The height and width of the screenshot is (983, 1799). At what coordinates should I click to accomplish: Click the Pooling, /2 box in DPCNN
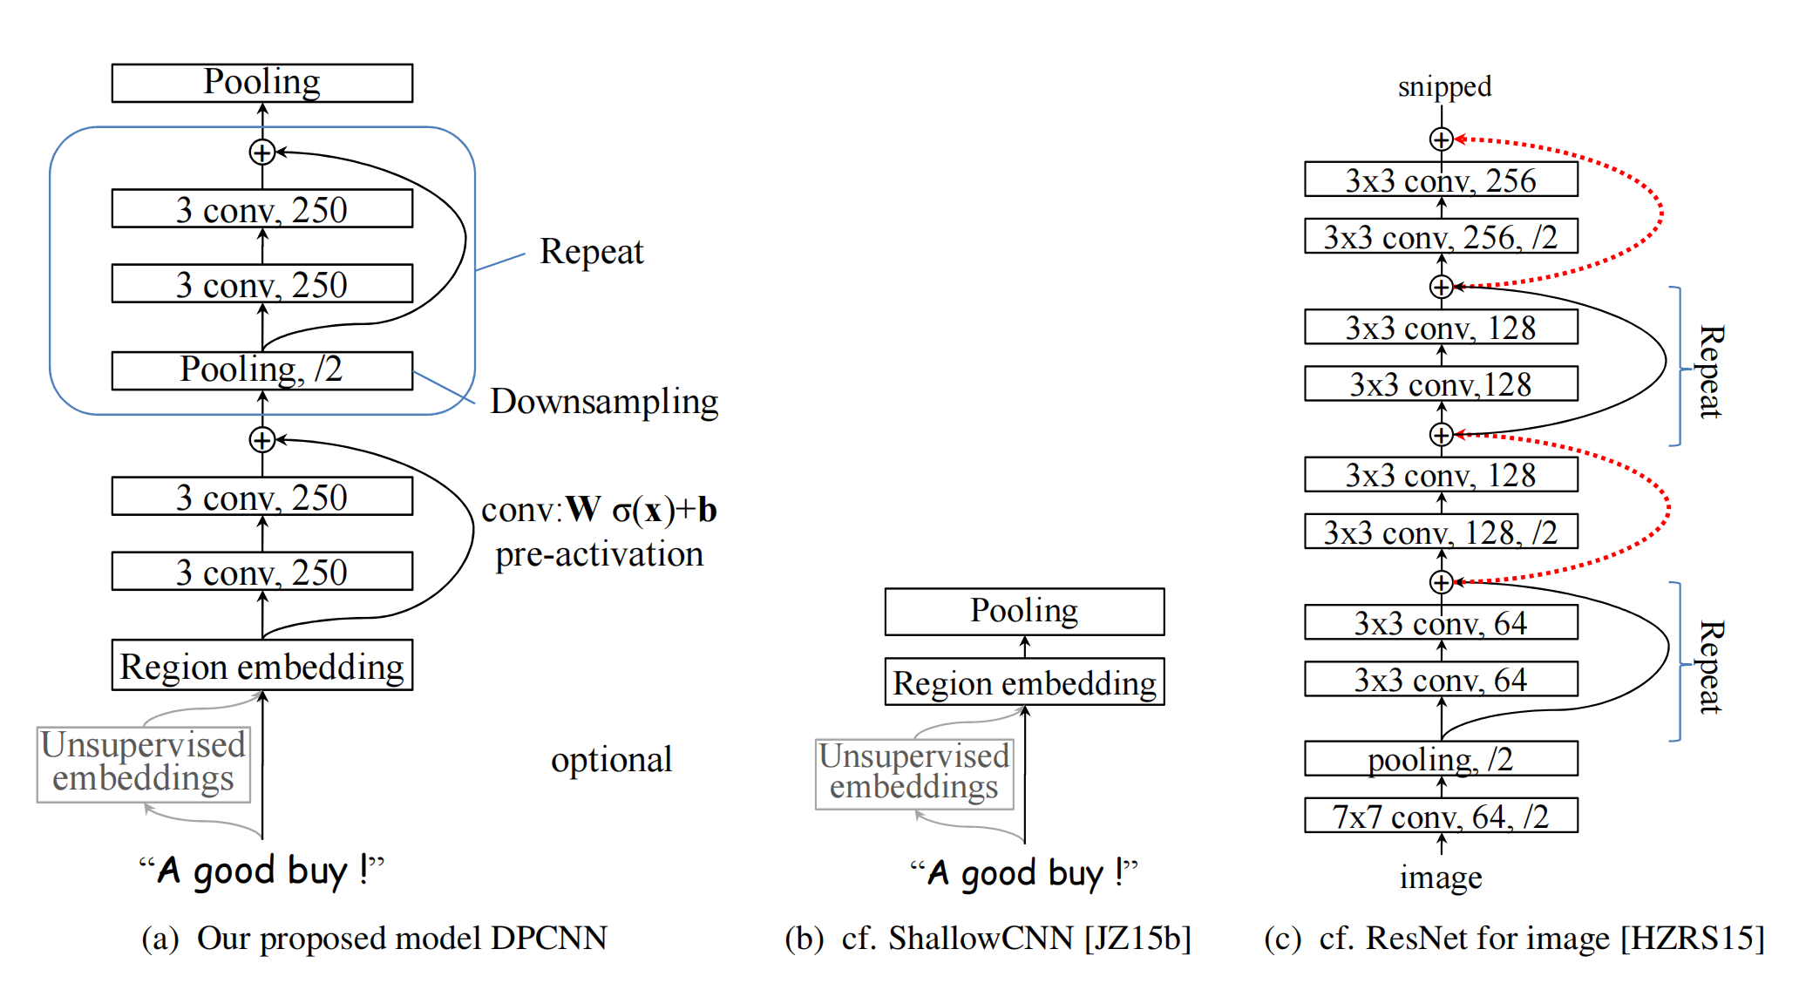(x=261, y=370)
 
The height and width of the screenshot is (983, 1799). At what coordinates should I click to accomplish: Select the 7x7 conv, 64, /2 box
(x=1440, y=816)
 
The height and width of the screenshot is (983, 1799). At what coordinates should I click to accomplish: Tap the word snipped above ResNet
(x=1444, y=86)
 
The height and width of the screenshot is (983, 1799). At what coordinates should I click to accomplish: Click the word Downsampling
(x=604, y=402)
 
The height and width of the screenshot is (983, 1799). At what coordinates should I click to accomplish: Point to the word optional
(x=611, y=760)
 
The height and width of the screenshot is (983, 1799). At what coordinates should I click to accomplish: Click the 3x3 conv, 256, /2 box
(x=1440, y=236)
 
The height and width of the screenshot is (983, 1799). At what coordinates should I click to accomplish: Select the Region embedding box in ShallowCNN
(x=1024, y=682)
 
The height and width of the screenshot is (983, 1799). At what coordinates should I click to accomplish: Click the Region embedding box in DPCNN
(x=261, y=666)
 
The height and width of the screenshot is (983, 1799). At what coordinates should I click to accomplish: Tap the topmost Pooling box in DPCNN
(x=261, y=83)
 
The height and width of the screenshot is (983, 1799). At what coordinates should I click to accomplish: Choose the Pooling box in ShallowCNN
(x=1024, y=611)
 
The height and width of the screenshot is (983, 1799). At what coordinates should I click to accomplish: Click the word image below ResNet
(x=1440, y=877)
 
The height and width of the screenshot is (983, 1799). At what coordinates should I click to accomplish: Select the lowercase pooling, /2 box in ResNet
(x=1440, y=759)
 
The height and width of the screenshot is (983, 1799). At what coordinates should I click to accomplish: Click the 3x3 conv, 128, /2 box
(x=1440, y=532)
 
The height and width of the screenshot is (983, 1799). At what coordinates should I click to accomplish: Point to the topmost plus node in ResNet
(x=1441, y=139)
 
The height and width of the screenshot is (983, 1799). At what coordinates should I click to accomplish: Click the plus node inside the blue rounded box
(x=262, y=153)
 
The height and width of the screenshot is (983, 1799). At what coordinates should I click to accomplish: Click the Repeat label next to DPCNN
(x=591, y=252)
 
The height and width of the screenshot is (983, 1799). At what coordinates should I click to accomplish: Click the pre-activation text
(x=599, y=555)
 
